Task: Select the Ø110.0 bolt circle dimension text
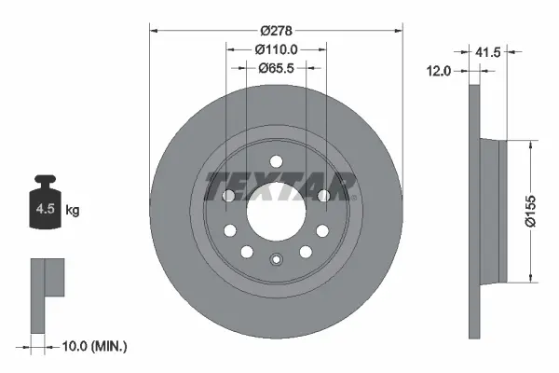pyautogui.click(x=276, y=48)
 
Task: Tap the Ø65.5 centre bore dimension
pyautogui.click(x=276, y=67)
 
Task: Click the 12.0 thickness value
pyautogui.click(x=439, y=71)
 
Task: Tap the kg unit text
pyautogui.click(x=73, y=211)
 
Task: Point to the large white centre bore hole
pyautogui.click(x=276, y=217)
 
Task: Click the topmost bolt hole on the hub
pyautogui.click(x=276, y=160)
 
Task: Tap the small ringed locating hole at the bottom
pyautogui.click(x=276, y=260)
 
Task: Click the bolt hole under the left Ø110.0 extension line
pyautogui.click(x=229, y=195)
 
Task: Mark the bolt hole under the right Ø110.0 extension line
pyautogui.click(x=322, y=195)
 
